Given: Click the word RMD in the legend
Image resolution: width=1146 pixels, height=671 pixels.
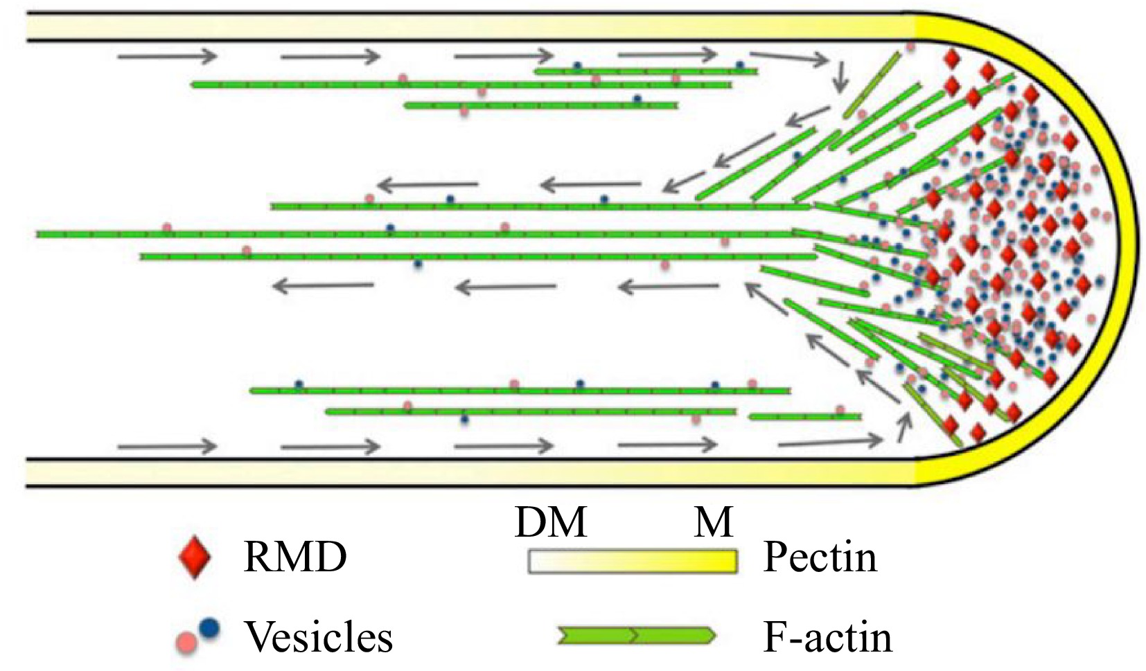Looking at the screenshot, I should coord(294,557).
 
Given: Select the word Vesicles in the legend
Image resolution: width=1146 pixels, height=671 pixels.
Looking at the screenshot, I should coord(319,636).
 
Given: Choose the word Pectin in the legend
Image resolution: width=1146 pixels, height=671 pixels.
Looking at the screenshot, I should coord(820,557).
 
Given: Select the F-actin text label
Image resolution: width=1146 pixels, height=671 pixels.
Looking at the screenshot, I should coord(827,636).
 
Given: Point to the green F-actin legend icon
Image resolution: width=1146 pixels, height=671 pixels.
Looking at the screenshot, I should coord(636,635).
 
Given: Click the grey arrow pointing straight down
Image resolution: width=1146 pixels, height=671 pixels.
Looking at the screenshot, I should coord(840,78).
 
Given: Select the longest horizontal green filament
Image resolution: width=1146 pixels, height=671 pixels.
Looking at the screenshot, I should coord(416,235).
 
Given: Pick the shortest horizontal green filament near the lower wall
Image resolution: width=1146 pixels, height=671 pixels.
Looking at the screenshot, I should coord(804,417).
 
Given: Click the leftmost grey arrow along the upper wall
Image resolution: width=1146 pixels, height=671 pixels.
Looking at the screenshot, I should coord(167,56).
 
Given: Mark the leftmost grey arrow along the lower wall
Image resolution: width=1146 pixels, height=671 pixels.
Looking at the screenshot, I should coord(167,447).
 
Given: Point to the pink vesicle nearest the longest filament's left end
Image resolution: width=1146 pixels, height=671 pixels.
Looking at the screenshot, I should coord(166,228).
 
